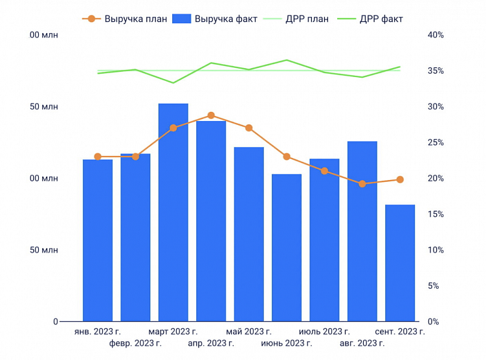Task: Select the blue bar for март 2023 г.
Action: [x=173, y=214]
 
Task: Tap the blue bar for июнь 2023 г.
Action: [x=287, y=248]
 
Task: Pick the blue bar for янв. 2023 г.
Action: [x=98, y=240]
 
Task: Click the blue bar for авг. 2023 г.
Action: [x=362, y=231]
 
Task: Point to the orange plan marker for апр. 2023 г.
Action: [x=211, y=115]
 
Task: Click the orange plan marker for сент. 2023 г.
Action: [x=400, y=179]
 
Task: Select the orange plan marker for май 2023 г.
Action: [x=249, y=128]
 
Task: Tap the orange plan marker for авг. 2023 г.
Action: [x=362, y=184]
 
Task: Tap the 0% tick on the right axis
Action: [x=434, y=322]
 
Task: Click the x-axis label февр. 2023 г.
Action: [x=135, y=343]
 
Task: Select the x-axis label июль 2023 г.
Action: [x=324, y=332]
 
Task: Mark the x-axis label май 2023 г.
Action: [x=249, y=332]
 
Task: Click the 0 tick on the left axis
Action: [x=56, y=322]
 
